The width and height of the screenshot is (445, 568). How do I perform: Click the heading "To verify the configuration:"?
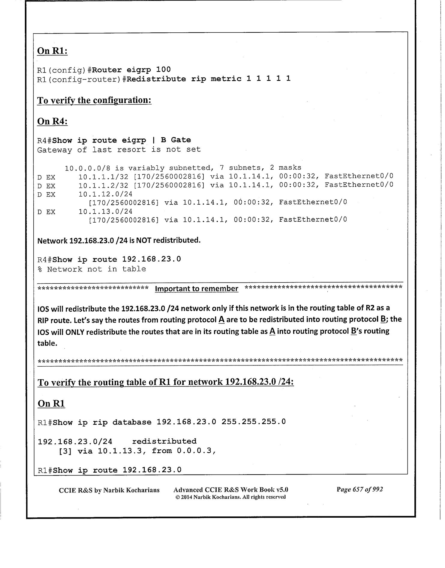(x=94, y=100)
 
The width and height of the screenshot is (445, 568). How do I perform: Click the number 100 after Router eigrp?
(x=163, y=70)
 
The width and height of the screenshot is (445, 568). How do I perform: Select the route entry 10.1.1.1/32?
(x=103, y=176)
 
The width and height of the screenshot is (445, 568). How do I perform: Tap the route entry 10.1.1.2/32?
(x=103, y=185)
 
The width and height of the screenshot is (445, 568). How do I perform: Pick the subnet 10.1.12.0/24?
(x=105, y=194)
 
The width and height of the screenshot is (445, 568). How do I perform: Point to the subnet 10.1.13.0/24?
(x=105, y=211)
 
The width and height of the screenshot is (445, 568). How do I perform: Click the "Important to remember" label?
(x=197, y=288)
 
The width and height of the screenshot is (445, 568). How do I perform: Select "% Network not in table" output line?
(x=92, y=269)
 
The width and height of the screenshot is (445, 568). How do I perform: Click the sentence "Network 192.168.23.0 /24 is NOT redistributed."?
(x=119, y=240)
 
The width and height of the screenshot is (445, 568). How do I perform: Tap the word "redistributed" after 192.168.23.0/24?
(x=164, y=441)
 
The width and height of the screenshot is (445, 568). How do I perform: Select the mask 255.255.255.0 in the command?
(x=254, y=422)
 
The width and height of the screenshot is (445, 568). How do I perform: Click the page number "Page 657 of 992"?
(x=359, y=490)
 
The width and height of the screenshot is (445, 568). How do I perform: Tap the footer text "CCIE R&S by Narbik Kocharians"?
(x=109, y=490)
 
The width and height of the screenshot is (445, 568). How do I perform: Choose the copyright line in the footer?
(x=230, y=497)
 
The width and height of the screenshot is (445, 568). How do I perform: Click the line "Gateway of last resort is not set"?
(x=119, y=149)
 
